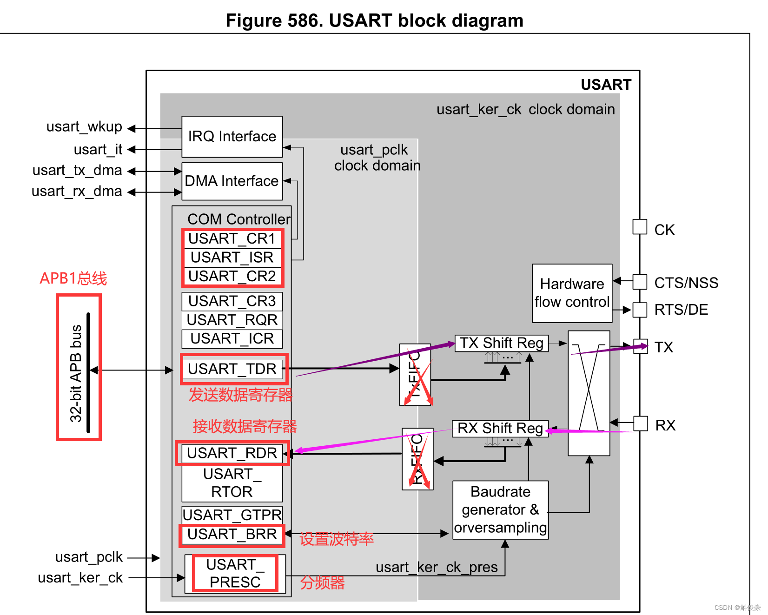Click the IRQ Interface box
pyautogui.click(x=232, y=137)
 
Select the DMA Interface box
pyautogui.click(x=232, y=181)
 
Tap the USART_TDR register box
pyautogui.click(x=232, y=369)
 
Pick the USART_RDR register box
pyautogui.click(x=232, y=453)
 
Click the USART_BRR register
pyautogui.click(x=232, y=534)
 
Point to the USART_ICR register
pyautogui.click(x=232, y=338)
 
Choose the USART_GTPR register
pyautogui.click(x=232, y=515)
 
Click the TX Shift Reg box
pyautogui.click(x=501, y=343)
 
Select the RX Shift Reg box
pyautogui.click(x=500, y=428)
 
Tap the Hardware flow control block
pyautogui.click(x=572, y=293)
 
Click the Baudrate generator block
pyautogui.click(x=500, y=510)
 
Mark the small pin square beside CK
pyautogui.click(x=640, y=227)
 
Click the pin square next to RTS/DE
pyautogui.click(x=640, y=310)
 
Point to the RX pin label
pyautogui.click(x=665, y=425)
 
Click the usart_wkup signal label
pyautogui.click(x=84, y=126)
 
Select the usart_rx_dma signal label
pyautogui.click(x=77, y=191)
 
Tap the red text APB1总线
pyautogui.click(x=73, y=278)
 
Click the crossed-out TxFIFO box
pyautogui.click(x=416, y=375)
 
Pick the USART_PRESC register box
pyautogui.click(x=235, y=573)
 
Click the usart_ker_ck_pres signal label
pyautogui.click(x=437, y=567)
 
